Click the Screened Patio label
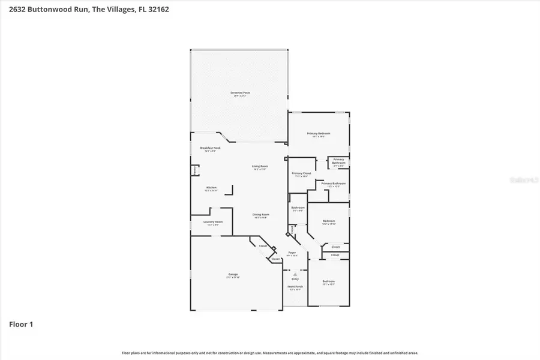pos(240,92)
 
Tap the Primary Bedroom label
pos(319,134)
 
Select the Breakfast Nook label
pos(211,148)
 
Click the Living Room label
pos(260,166)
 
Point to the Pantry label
pos(195,171)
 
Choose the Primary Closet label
pos(301,173)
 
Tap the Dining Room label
pos(260,215)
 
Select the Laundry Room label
pos(213,222)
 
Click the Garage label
pos(233,274)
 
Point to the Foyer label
pos(292,253)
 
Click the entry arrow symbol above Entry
pos(295,274)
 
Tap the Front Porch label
pos(295,287)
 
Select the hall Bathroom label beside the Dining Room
pos(298,208)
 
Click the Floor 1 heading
pos(21,325)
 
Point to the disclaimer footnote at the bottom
pos(270,353)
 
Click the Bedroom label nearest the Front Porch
pos(328,281)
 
